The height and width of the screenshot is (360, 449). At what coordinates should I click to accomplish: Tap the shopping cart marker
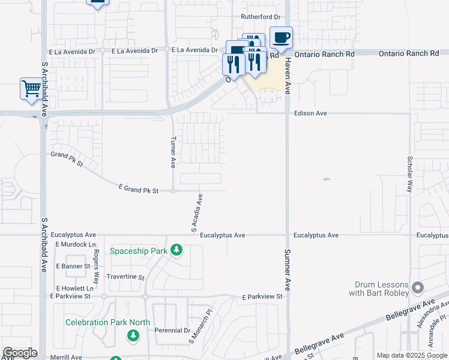[x=31, y=89]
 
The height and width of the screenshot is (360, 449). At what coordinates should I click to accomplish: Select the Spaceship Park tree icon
[x=176, y=249]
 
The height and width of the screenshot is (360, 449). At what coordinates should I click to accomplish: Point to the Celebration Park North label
[x=108, y=322]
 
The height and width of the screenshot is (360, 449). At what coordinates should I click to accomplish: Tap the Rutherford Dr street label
[x=261, y=17]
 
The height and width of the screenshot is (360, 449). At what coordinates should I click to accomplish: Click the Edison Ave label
[x=310, y=113]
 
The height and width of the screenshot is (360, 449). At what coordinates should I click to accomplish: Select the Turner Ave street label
[x=173, y=152]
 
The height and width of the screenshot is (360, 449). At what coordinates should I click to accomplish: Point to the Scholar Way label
[x=410, y=173]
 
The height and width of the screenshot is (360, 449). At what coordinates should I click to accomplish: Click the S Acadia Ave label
[x=197, y=212]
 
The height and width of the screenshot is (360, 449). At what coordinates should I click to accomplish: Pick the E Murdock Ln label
[x=76, y=245]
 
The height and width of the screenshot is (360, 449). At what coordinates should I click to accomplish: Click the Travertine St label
[x=125, y=278]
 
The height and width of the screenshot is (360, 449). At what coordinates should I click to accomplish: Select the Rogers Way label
[x=96, y=266]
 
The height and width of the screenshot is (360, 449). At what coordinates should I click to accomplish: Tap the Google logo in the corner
[x=20, y=353]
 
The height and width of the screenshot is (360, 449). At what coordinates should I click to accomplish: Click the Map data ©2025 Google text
[x=412, y=355]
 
